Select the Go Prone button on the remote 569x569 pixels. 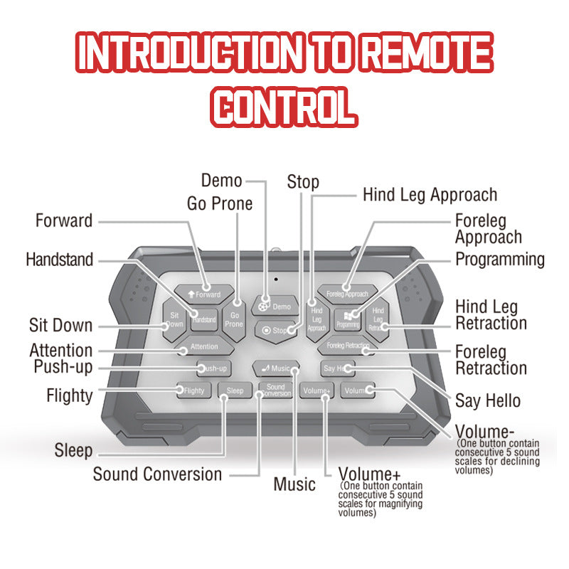pyautogui.click(x=234, y=319)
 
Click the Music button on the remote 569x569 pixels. pyautogui.click(x=276, y=368)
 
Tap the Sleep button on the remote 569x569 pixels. pyautogui.click(x=235, y=390)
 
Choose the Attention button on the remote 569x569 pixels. pyautogui.click(x=203, y=348)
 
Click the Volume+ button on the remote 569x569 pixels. pyautogui.click(x=317, y=390)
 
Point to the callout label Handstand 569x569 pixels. pyautogui.click(x=59, y=260)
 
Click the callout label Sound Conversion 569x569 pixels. pyautogui.click(x=157, y=474)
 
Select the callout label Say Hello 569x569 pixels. pyautogui.click(x=488, y=400)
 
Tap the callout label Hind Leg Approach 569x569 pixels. pyautogui.click(x=430, y=194)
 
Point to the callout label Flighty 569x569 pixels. pyautogui.click(x=69, y=395)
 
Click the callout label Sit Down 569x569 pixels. pyautogui.click(x=60, y=326)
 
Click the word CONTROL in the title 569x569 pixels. pyautogui.click(x=284, y=107)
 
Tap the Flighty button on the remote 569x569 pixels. pyautogui.click(x=193, y=390)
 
